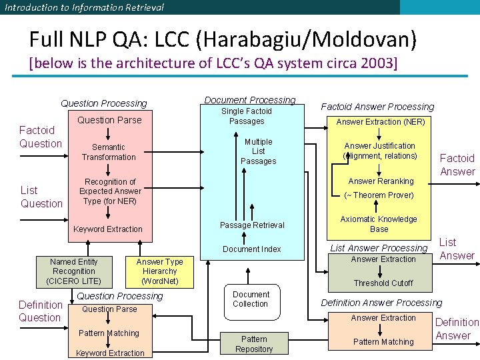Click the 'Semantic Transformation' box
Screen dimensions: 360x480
(109, 152)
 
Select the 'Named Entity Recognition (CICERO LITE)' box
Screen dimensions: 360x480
(74, 271)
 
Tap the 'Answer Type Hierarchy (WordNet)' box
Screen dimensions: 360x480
(159, 271)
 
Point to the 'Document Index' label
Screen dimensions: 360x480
(252, 249)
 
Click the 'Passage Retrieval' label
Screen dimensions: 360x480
(252, 225)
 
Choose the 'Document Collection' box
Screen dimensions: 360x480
(251, 299)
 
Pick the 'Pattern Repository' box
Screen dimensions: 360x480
(254, 344)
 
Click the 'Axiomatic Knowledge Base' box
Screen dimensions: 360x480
(379, 224)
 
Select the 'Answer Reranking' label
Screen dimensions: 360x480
(381, 181)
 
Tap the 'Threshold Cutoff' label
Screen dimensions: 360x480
(383, 283)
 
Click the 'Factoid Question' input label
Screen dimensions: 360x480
(40, 137)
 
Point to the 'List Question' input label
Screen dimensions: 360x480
(41, 197)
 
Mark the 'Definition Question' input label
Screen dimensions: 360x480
(40, 311)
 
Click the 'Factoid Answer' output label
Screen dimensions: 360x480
(457, 165)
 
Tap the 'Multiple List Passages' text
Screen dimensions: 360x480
(258, 151)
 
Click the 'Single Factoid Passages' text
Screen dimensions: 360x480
(247, 116)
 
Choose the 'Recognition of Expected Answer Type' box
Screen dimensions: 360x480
(110, 191)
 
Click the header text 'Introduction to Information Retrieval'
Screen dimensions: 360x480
(84, 7)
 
